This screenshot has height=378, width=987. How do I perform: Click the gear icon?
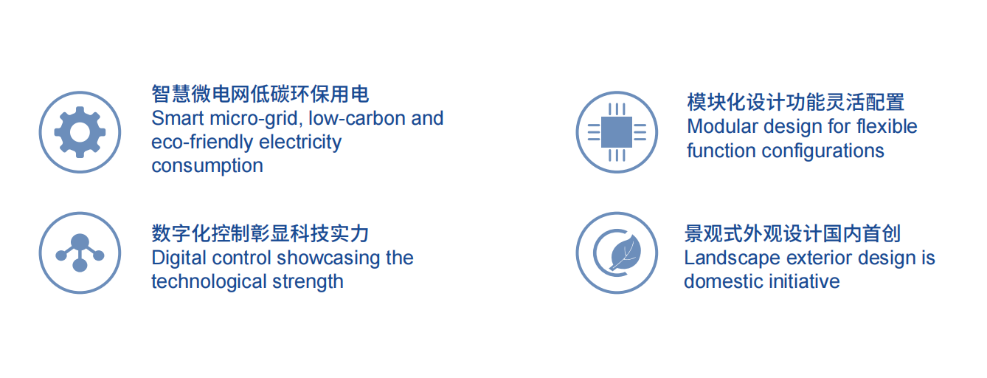80,132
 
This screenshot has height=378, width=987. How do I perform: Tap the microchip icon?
617,132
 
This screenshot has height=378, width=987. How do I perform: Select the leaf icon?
625,252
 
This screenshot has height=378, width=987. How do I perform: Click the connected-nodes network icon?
80,252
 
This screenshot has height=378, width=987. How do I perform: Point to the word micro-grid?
256,119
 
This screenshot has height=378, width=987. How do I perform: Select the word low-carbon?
357,118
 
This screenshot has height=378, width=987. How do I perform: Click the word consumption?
207,167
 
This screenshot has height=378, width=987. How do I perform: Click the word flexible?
887,126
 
